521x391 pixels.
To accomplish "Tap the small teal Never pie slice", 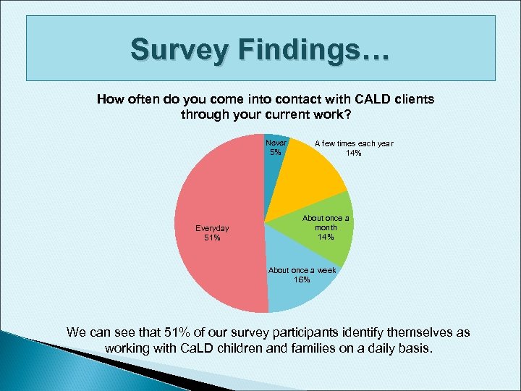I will [274, 156].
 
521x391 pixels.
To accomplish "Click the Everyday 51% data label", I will [212, 232].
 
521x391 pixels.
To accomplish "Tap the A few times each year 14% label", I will [353, 148].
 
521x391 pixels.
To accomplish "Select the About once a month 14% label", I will [325, 228].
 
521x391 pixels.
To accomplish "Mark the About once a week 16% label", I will [302, 275].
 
